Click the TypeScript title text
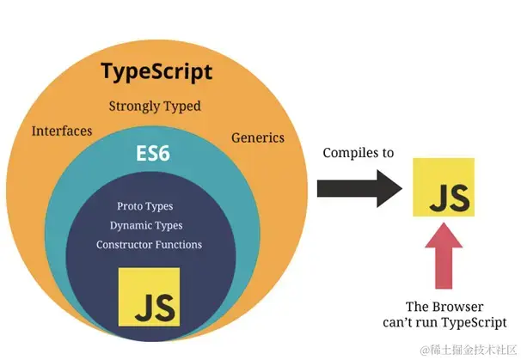(156, 71)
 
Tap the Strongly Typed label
(155, 107)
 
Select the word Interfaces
(62, 131)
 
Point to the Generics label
(258, 137)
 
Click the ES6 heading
(155, 155)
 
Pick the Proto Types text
(145, 207)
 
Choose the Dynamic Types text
(146, 226)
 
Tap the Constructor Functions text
(150, 245)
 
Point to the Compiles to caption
(358, 153)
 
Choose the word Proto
(130, 207)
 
